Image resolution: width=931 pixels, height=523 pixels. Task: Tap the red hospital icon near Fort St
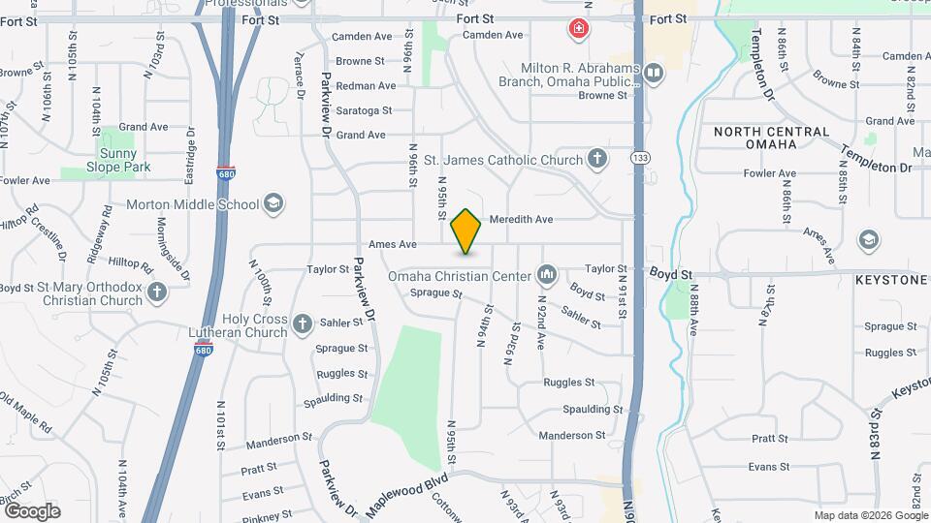click(579, 29)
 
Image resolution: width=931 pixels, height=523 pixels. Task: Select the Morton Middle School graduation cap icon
click(273, 204)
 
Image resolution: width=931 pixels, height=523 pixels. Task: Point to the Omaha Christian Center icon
click(547, 276)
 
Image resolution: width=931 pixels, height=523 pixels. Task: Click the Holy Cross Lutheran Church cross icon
click(303, 323)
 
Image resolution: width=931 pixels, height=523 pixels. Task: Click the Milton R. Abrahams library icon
click(655, 73)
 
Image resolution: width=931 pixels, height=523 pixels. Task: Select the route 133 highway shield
click(639, 157)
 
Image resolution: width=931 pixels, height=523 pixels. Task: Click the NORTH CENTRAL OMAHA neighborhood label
click(771, 138)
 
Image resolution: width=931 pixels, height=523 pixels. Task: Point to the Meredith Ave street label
click(521, 220)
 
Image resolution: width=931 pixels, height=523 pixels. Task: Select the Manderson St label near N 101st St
click(273, 442)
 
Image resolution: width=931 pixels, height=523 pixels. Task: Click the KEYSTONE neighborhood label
click(891, 280)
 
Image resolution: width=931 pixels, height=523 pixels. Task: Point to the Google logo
click(32, 510)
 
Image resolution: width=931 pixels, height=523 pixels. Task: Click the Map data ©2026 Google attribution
click(869, 515)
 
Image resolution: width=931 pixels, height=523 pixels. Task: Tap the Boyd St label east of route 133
click(670, 275)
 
